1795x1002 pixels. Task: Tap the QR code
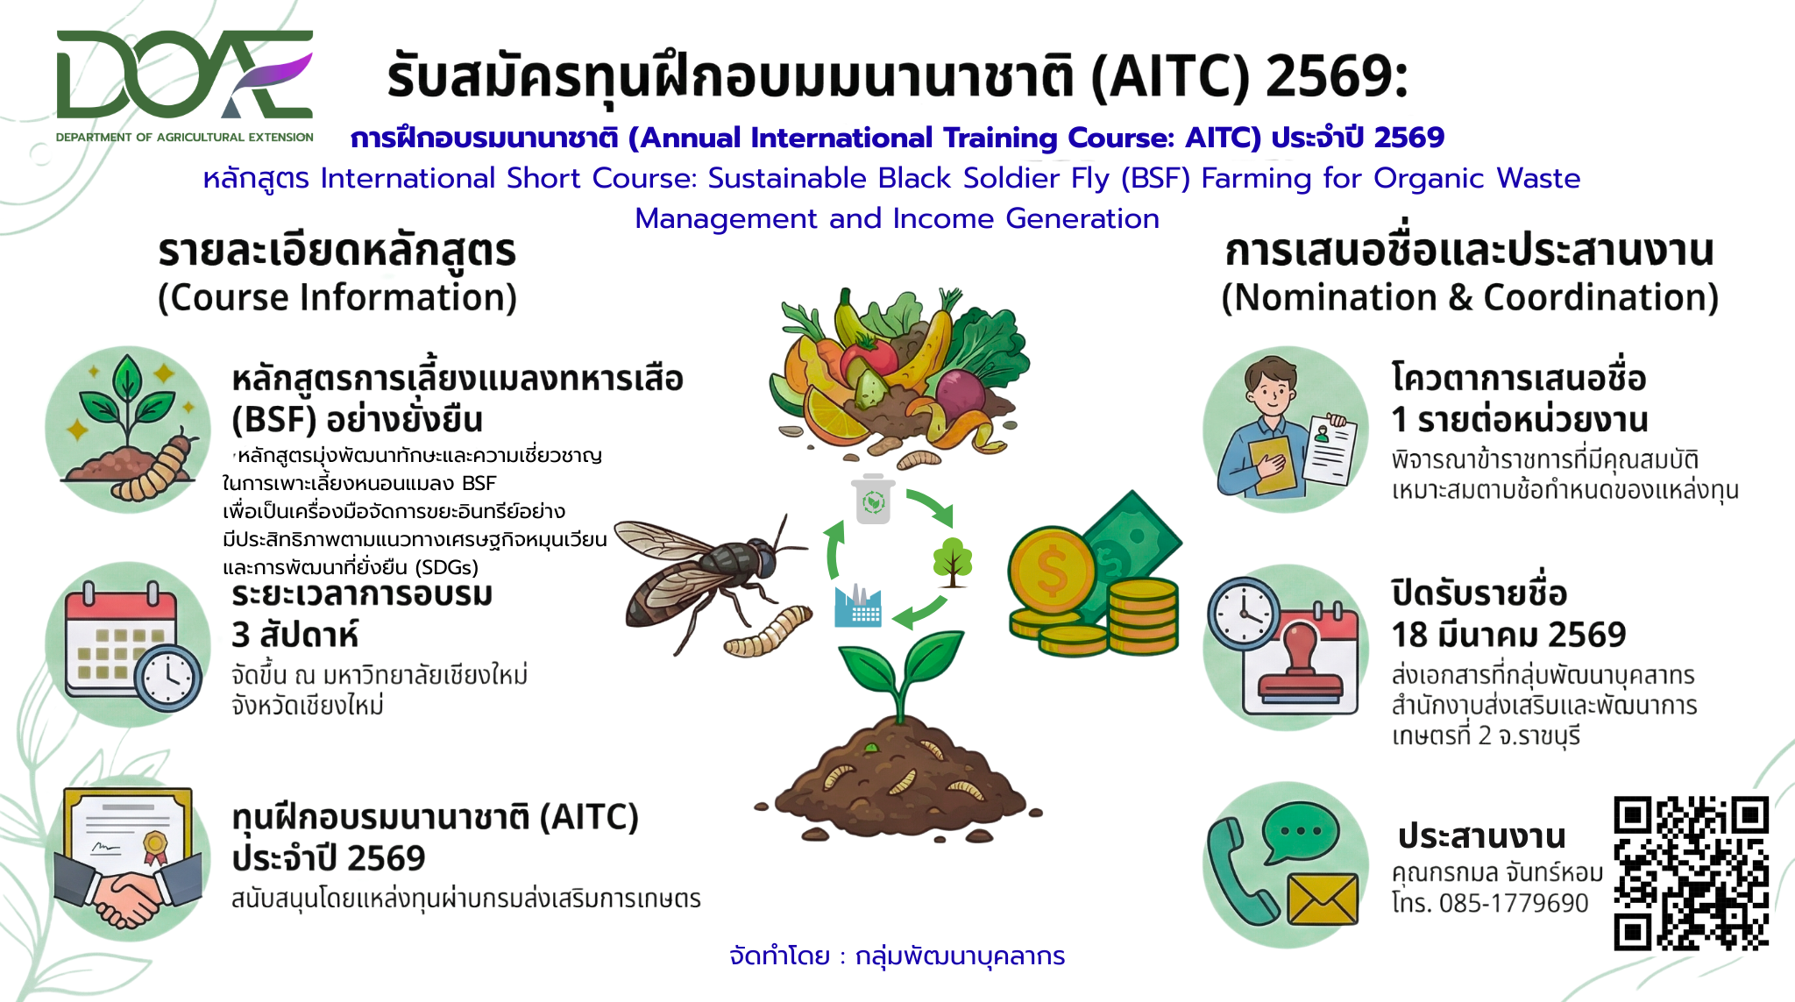coord(1691,873)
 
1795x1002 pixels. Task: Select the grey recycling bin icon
coord(873,500)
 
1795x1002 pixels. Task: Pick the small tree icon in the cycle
coord(953,562)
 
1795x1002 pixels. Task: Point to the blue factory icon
coord(858,606)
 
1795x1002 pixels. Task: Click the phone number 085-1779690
coord(1514,903)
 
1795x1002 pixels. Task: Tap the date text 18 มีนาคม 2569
coord(1508,635)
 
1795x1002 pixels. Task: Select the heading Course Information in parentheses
coord(337,298)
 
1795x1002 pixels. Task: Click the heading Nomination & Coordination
coord(1470,298)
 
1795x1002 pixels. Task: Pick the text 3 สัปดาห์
coord(295,634)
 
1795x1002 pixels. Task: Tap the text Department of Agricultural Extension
coord(185,138)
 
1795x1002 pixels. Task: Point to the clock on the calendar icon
coord(168,678)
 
